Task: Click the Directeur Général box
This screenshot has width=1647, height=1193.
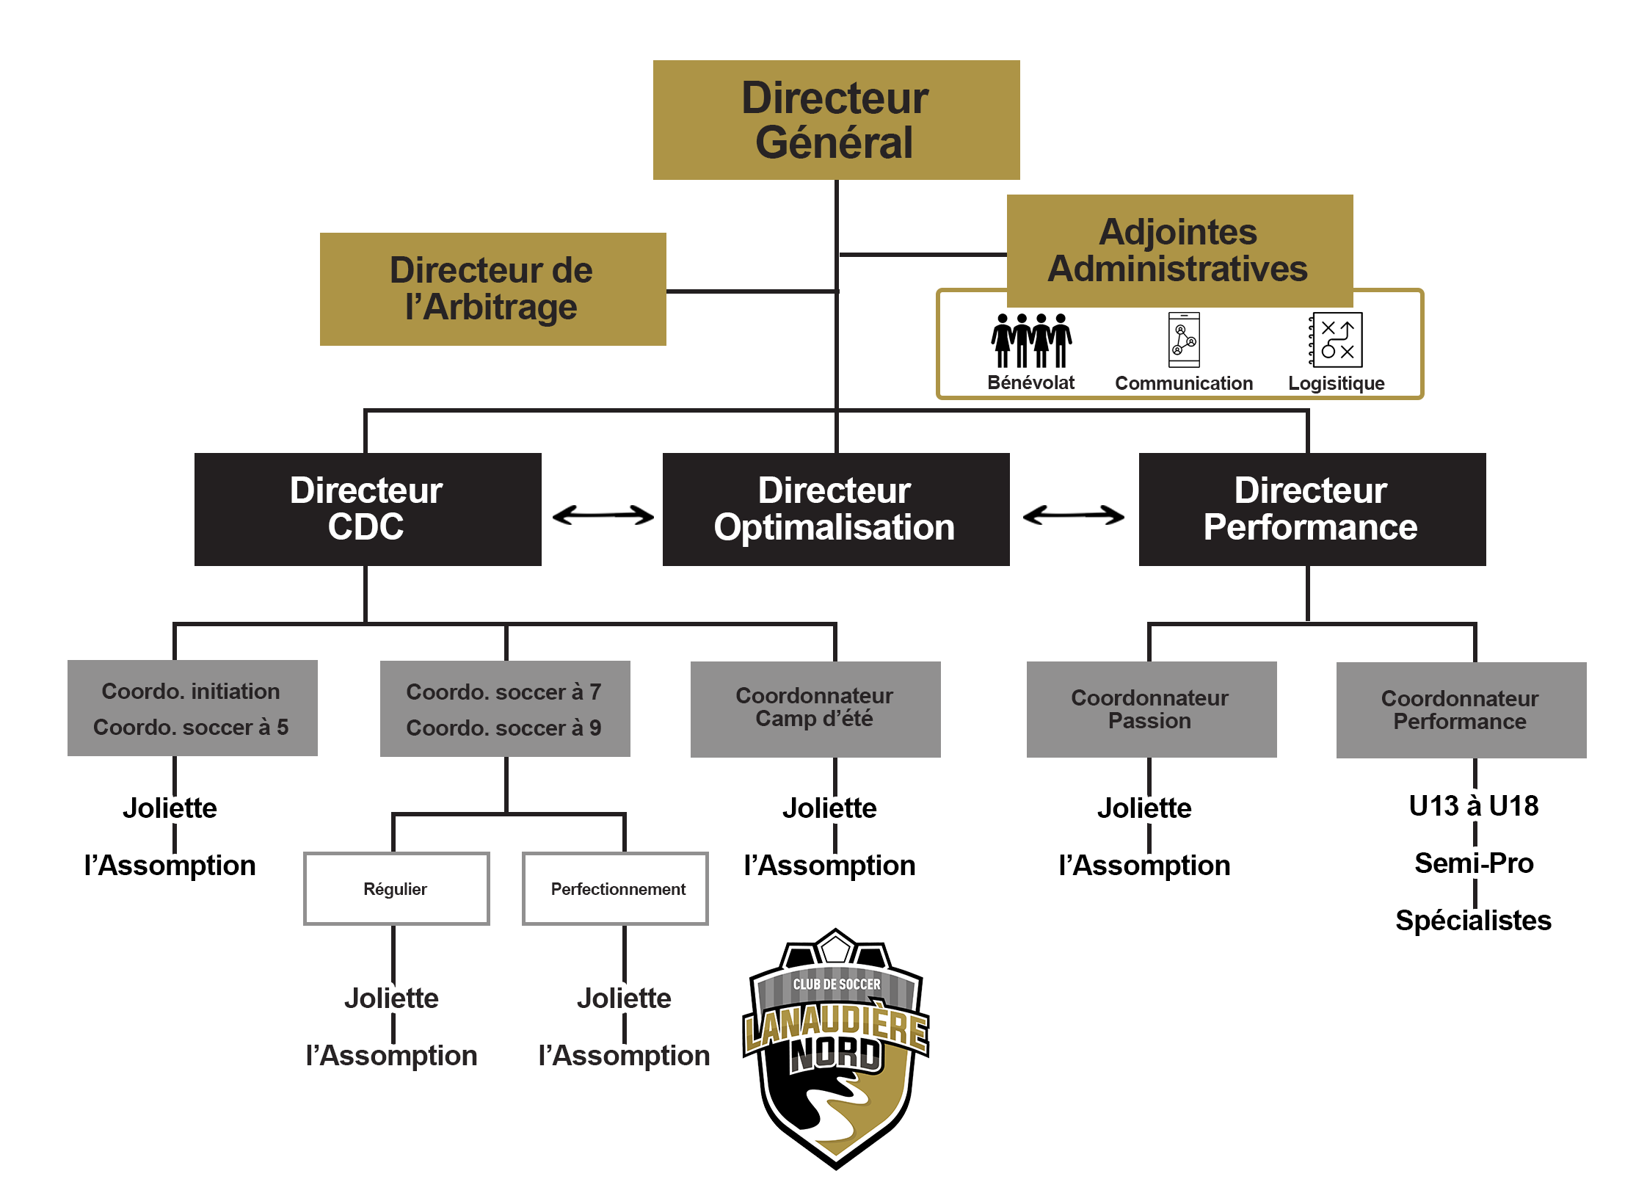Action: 836,120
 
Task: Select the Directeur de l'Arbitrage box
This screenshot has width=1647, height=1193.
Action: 492,289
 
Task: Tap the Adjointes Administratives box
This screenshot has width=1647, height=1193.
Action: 1179,250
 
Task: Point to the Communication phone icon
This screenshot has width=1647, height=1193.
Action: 1184,339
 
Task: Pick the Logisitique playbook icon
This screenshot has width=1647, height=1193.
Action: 1337,339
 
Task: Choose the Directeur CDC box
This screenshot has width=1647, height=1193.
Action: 367,509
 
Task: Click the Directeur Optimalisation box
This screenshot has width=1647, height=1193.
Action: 835,509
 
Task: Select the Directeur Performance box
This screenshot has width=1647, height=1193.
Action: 1312,509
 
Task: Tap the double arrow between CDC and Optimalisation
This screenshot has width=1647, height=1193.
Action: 603,515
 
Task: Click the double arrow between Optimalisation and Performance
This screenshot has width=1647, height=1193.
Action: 1073,515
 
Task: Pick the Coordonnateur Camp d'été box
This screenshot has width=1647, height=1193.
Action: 815,708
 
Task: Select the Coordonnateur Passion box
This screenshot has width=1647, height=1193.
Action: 1151,708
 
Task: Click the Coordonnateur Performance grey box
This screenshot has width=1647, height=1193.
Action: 1461,709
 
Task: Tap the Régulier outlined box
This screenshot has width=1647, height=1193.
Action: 396,888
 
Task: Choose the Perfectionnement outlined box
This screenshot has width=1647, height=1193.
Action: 615,888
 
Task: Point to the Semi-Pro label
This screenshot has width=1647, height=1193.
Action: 1474,863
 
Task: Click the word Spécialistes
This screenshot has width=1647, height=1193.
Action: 1473,921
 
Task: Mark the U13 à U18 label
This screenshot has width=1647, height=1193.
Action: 1473,806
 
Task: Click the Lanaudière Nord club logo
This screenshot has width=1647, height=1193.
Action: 836,1050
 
